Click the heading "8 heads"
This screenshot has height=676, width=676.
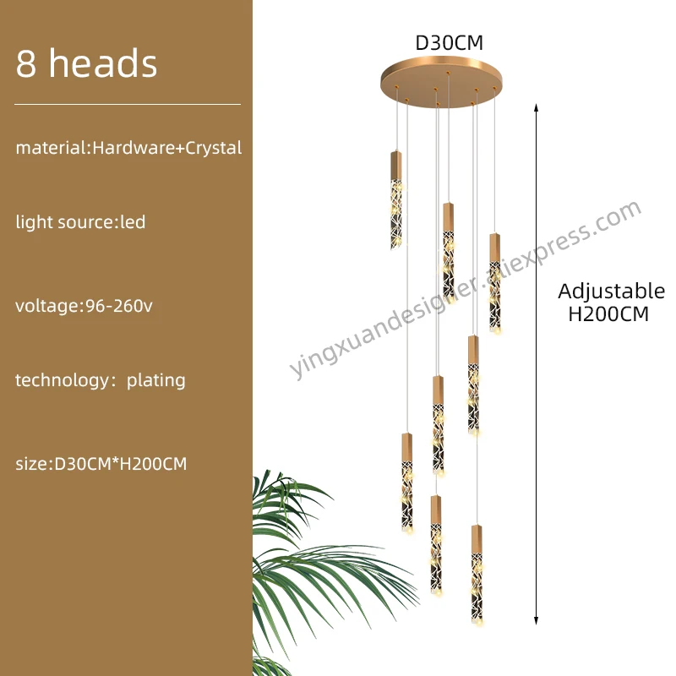[86, 64]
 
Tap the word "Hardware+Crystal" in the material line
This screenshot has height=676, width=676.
[166, 148]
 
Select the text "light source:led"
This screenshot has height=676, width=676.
[80, 222]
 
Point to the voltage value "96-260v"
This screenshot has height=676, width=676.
[119, 306]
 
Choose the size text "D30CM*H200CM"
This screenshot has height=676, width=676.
[120, 464]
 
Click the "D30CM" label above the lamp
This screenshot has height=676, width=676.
[448, 42]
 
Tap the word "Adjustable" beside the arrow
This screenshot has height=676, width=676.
[611, 292]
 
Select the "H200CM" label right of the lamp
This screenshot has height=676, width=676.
[608, 314]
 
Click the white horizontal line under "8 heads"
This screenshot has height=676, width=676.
[128, 104]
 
